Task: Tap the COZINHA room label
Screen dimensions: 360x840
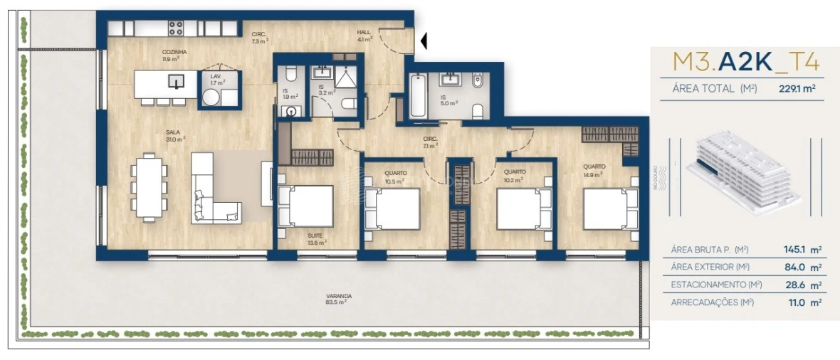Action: tap(174, 56)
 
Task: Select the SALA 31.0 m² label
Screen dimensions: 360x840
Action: tap(174, 136)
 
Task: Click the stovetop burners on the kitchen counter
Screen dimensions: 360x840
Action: tap(175, 28)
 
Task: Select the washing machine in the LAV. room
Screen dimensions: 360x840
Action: tap(212, 99)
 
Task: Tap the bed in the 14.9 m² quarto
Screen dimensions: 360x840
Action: tap(607, 208)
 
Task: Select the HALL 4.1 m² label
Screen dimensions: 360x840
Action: tap(364, 36)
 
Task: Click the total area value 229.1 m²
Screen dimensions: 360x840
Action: tap(797, 89)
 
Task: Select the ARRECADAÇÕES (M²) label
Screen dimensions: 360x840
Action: tap(712, 302)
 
